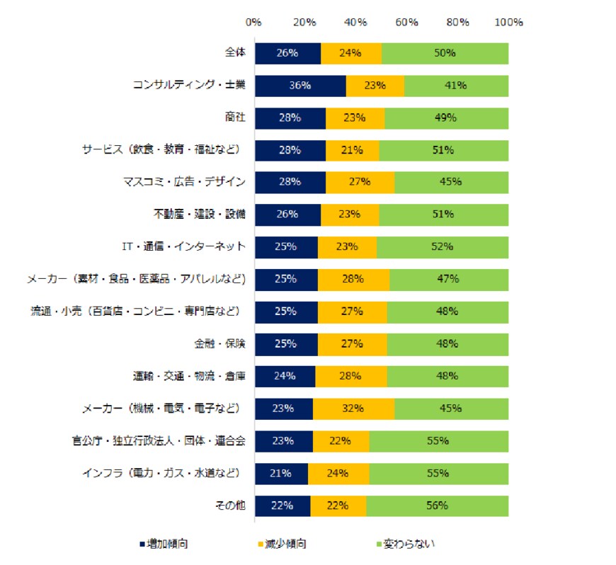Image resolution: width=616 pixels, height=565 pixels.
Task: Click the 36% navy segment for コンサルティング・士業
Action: [300, 86]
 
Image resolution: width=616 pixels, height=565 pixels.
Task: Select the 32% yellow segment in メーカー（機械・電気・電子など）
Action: [353, 409]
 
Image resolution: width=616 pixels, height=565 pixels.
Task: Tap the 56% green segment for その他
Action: [437, 506]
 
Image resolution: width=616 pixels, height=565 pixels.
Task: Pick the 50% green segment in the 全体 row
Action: [445, 53]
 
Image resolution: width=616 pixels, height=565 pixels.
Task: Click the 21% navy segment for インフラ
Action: [281, 473]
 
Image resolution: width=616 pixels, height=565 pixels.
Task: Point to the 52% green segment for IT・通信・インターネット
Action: [443, 247]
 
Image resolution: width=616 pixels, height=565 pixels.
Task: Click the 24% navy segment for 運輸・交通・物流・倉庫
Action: [285, 376]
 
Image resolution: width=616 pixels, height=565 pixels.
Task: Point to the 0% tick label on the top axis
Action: [254, 22]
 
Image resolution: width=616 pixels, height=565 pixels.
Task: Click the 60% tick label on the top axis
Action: [407, 22]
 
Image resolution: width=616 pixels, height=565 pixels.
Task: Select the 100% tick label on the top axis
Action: [508, 22]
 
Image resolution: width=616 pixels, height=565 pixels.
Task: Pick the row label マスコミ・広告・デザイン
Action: [184, 183]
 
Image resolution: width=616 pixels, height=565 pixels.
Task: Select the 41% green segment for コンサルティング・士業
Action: [456, 86]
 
